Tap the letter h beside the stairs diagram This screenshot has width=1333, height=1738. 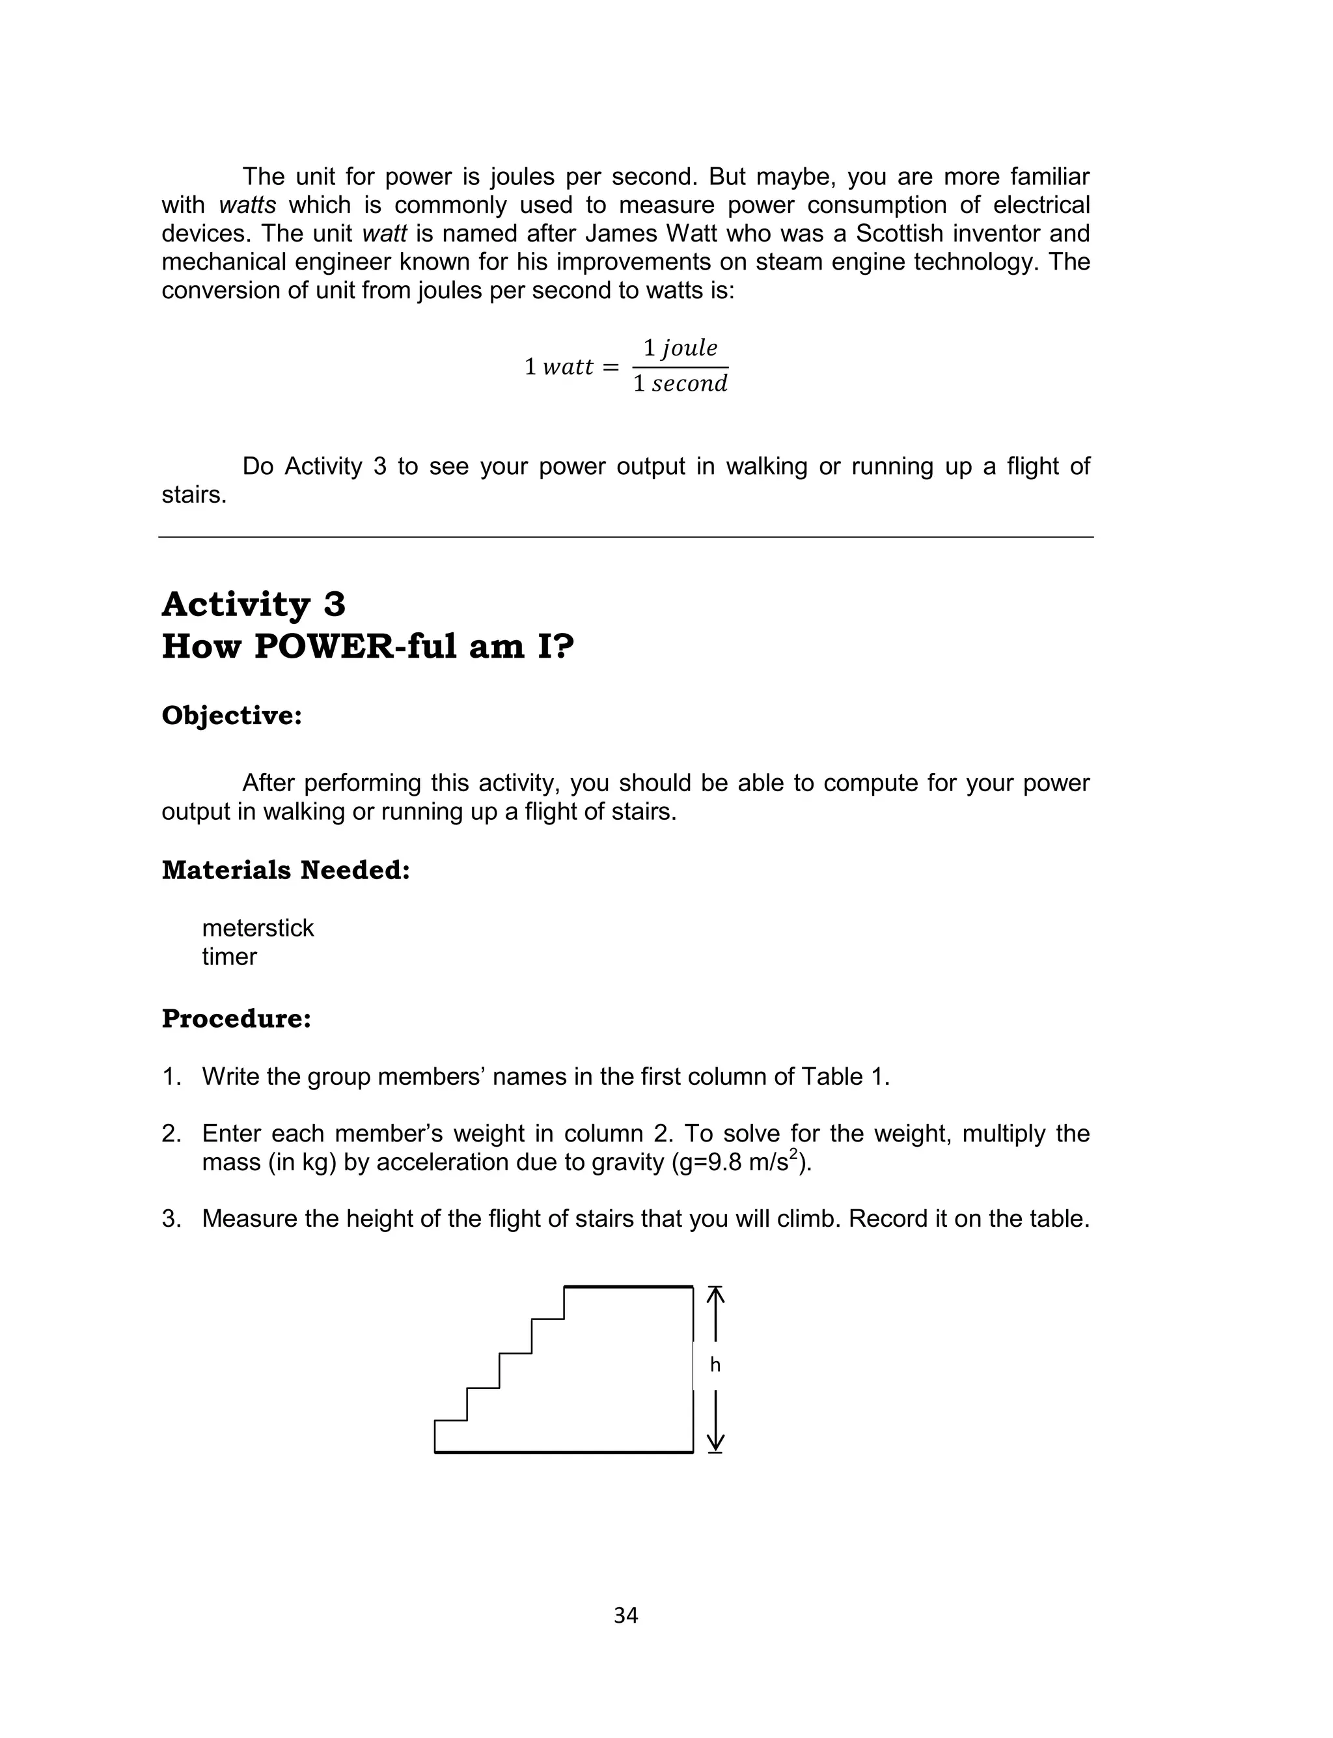(715, 1364)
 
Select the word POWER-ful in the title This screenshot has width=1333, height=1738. (355, 646)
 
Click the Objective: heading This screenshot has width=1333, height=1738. (232, 715)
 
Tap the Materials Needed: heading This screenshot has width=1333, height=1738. (286, 870)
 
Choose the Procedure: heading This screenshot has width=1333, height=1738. (236, 1018)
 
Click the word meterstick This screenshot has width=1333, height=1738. (258, 928)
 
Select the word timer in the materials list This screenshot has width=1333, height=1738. (229, 957)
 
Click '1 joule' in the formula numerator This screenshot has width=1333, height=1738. (680, 348)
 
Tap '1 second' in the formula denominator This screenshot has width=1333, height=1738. (680, 384)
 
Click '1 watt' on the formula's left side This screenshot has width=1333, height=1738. (558, 367)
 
